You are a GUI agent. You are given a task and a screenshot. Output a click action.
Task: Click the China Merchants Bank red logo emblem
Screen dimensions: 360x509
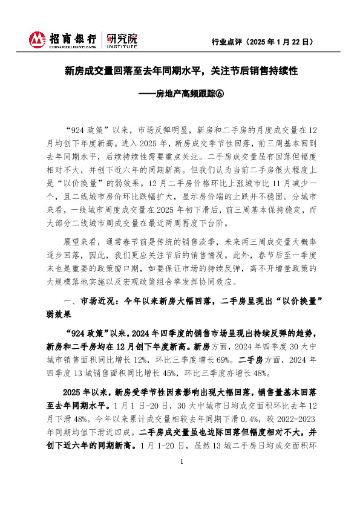(x=38, y=40)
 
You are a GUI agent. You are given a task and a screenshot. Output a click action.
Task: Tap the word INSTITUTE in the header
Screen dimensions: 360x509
(x=122, y=46)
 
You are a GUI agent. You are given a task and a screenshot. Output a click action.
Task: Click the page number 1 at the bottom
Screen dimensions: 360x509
(x=181, y=496)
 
